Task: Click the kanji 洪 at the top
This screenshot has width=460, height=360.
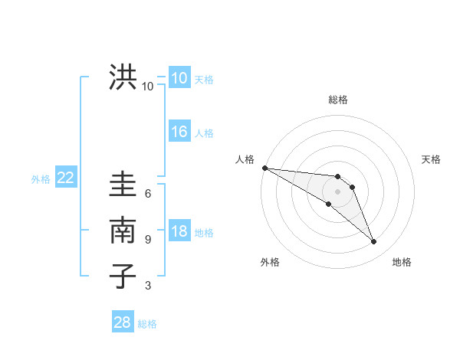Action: tap(123, 77)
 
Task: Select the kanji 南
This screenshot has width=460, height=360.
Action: tap(123, 230)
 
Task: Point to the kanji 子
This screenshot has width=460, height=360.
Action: tap(123, 276)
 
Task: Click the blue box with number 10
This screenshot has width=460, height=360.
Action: tap(179, 78)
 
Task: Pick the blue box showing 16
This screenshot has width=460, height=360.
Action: tap(179, 132)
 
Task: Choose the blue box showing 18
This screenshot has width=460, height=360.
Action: tap(179, 231)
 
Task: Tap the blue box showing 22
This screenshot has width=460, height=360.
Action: tap(65, 178)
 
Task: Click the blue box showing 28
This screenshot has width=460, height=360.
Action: tap(122, 322)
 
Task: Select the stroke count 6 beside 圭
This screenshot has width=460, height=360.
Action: tap(148, 193)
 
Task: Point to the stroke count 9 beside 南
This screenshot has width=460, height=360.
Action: tap(148, 240)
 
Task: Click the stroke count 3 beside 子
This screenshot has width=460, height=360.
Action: tap(148, 286)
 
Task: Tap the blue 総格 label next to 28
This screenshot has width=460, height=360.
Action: tap(147, 324)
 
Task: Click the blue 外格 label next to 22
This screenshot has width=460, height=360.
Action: tap(41, 179)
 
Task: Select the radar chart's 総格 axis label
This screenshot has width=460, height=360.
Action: tap(338, 100)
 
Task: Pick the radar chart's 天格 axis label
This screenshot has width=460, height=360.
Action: tap(432, 159)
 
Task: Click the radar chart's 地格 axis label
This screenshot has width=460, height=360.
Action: tap(402, 262)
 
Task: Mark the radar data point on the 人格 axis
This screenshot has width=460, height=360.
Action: tap(264, 168)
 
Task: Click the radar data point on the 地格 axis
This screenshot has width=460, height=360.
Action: tap(373, 242)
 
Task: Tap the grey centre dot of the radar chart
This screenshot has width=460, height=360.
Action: tap(338, 191)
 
